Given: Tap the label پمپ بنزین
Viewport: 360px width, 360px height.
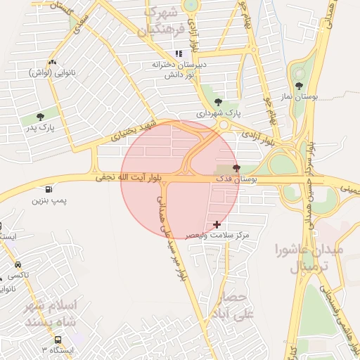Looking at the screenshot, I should [x=49, y=201].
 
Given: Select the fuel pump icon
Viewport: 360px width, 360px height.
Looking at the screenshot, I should [x=48, y=189].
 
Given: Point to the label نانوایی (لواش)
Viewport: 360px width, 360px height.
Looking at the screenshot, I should [x=49, y=72].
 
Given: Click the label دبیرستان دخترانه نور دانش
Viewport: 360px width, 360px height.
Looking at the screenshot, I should [x=179, y=68].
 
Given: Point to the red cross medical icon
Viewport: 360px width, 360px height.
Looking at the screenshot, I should [x=217, y=224].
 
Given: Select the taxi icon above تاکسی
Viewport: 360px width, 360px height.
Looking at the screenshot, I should [x=18, y=265].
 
